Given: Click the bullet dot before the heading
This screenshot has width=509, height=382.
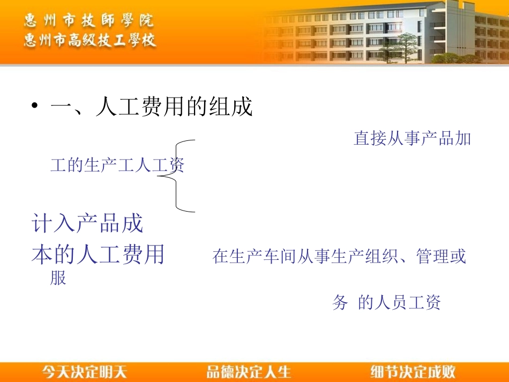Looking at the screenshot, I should (x=35, y=107).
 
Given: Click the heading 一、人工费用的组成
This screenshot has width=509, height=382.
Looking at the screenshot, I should (x=151, y=107).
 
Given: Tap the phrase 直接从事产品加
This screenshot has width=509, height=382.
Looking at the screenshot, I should (x=412, y=138).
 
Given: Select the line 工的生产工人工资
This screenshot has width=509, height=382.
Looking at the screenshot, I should (x=117, y=166).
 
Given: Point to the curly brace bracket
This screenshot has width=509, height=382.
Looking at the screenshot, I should (x=177, y=176).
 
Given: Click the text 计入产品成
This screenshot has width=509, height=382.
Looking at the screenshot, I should (x=88, y=223).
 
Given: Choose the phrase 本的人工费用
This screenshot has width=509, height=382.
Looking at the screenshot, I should (x=98, y=255).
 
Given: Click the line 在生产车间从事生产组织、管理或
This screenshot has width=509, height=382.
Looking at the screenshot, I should (x=339, y=257).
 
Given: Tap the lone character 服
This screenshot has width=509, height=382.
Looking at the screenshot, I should (x=58, y=278).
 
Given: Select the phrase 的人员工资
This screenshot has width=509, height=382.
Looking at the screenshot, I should (x=399, y=303).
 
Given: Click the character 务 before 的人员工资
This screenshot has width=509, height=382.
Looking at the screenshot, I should (x=340, y=303).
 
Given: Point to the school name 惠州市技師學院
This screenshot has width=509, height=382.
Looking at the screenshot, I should (x=89, y=21).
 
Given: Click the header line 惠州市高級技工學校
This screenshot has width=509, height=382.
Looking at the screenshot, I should (x=90, y=40).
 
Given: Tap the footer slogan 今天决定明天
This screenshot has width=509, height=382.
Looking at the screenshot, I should (x=85, y=371).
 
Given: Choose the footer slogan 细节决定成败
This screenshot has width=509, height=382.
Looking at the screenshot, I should (x=413, y=371).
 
